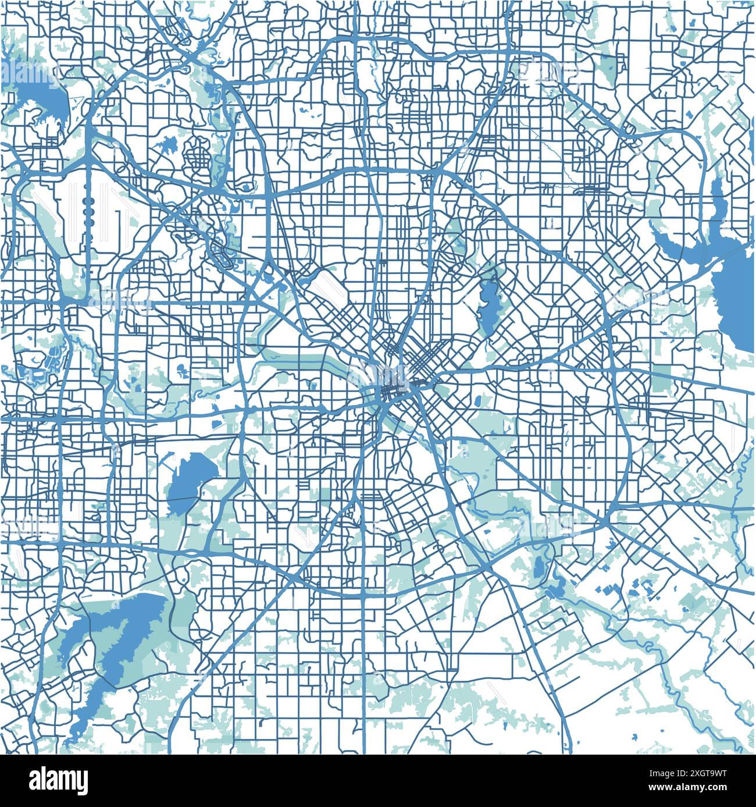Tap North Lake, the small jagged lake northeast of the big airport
click(166, 143)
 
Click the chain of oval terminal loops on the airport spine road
click(88, 212)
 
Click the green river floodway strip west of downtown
click(291, 355)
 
